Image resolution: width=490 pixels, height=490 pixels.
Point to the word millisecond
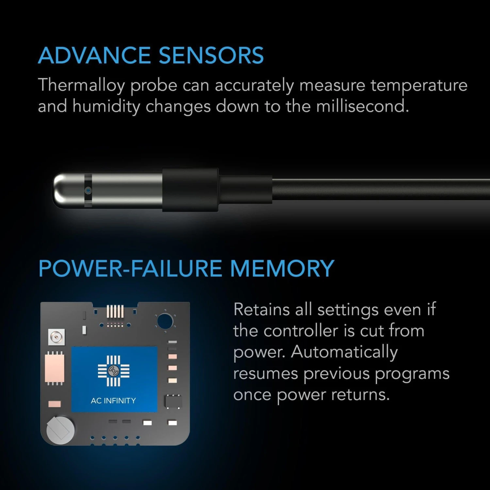point(362,106)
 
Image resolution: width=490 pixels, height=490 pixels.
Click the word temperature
point(419,86)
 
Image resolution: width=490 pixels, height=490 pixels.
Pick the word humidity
point(106,106)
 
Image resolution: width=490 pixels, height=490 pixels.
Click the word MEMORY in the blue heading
point(282,269)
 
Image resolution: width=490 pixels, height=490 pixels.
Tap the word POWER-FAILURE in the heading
point(131,269)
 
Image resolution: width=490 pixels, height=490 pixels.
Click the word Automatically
point(344,352)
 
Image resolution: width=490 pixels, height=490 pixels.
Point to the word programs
point(412,374)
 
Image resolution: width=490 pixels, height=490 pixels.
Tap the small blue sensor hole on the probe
point(88,190)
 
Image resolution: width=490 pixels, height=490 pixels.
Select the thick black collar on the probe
point(190,190)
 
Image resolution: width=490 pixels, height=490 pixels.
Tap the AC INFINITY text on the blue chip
point(113,400)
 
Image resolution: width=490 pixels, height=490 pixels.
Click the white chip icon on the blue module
point(114,371)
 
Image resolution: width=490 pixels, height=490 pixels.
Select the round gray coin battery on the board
point(60,429)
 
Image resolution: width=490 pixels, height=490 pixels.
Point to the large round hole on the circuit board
point(165,321)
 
